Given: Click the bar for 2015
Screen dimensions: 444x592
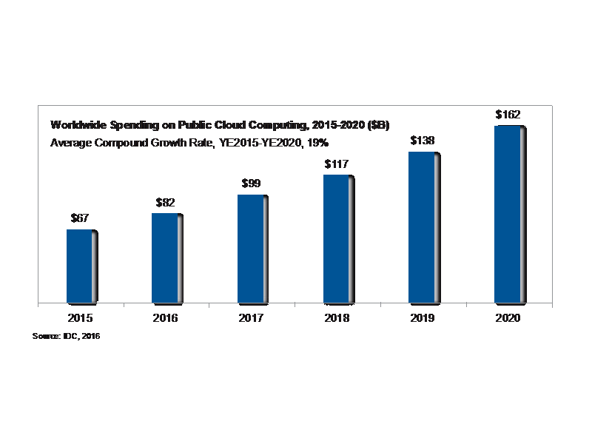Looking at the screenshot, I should tap(79, 266).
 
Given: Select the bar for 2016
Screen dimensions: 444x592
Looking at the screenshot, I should tap(164, 258).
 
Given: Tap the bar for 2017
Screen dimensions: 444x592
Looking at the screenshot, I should tap(250, 249).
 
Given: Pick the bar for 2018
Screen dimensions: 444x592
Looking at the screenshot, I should tap(335, 239).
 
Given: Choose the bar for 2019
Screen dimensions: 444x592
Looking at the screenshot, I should tap(421, 228).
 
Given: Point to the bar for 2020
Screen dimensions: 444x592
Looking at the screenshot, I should tap(507, 215).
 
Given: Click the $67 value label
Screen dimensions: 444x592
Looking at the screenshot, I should tap(80, 218).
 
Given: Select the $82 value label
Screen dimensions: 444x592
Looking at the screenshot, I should tap(165, 202).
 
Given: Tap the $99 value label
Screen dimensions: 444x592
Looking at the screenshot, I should tap(251, 184).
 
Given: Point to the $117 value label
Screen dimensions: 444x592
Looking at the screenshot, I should tap(336, 164).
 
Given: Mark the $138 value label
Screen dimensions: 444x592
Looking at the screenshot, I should tap(422, 141).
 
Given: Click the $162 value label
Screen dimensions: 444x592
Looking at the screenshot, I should tap(508, 115).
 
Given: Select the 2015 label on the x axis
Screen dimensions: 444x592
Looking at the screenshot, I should tap(79, 318).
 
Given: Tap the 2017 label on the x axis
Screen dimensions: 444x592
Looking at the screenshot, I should tap(250, 318).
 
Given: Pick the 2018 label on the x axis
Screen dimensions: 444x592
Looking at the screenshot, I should tap(336, 318).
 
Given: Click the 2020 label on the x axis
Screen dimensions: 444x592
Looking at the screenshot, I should tap(507, 318).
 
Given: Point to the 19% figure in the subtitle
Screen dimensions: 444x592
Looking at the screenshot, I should tap(317, 142).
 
